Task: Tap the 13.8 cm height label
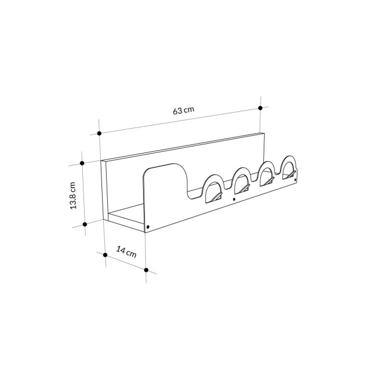(74, 196)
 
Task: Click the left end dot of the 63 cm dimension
(99, 133)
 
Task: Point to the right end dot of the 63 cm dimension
(260, 107)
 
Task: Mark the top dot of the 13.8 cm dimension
(83, 163)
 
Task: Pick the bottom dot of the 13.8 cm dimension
(85, 223)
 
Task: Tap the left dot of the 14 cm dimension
(105, 254)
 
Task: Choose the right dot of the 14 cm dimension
(146, 270)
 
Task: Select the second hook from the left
(243, 184)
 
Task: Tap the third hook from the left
(268, 177)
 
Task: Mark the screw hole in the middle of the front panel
(234, 199)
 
